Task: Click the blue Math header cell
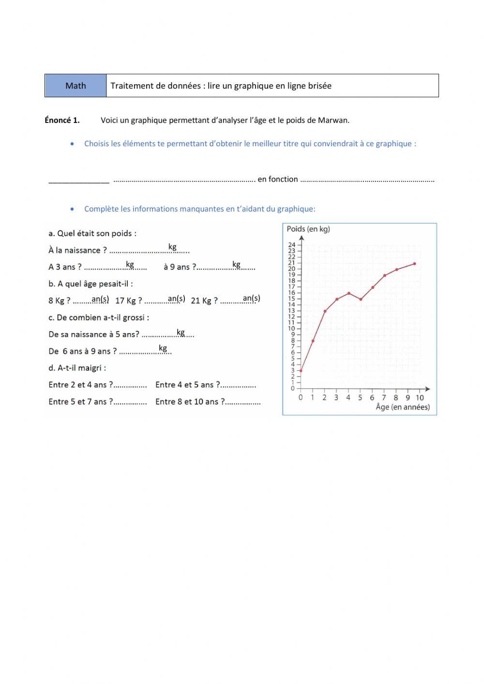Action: tap(76, 86)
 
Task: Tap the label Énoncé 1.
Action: tap(62, 121)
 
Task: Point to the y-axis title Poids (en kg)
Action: tap(308, 229)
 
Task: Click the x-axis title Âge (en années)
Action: tap(403, 407)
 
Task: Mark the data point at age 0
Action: tap(301, 371)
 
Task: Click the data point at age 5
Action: tap(361, 299)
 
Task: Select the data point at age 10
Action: tap(415, 264)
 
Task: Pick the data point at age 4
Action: tap(348, 293)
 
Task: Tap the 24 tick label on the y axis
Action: tap(291, 245)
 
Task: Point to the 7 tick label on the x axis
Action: tap(384, 398)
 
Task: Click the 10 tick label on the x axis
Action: tap(420, 398)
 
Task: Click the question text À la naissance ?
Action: tap(77, 250)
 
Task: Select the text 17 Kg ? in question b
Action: tap(128, 301)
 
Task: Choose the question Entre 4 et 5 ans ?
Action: tap(187, 385)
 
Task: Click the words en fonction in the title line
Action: tap(278, 179)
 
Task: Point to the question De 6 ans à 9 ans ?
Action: tap(82, 351)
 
